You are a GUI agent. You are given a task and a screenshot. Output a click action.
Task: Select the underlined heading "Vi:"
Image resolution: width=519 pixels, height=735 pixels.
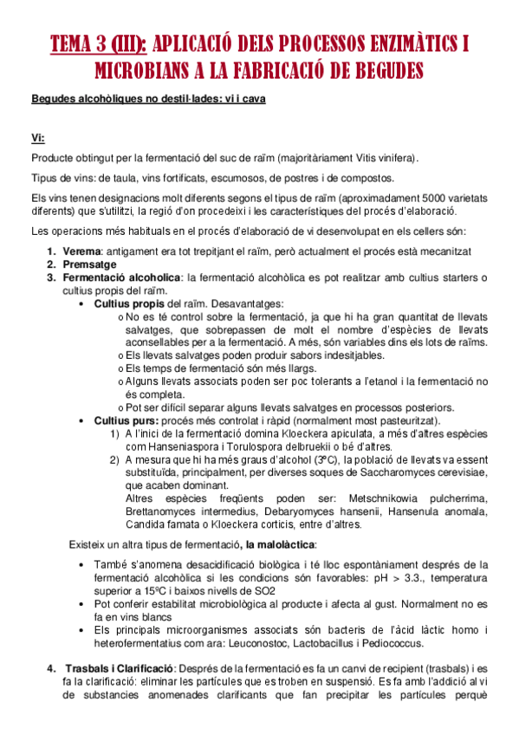coord(38,137)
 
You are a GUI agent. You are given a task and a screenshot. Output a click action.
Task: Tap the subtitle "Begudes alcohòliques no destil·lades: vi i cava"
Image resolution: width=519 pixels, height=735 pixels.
coord(148,100)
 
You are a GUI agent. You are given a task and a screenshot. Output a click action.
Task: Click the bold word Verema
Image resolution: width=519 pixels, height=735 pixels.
coord(81,250)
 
